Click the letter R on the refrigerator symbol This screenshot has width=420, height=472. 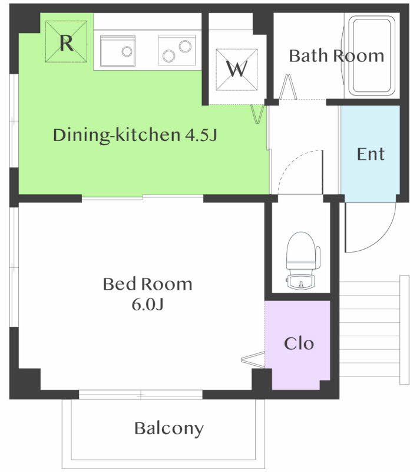point(67,43)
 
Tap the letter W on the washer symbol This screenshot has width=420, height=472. point(237,69)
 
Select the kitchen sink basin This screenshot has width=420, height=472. point(118,51)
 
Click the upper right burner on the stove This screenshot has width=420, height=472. point(185,47)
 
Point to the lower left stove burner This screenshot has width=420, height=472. point(168,55)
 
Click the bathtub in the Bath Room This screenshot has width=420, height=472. point(372,55)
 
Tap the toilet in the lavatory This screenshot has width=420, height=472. point(302,261)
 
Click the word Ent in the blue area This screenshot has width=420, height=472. point(371,154)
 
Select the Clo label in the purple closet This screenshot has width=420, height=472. point(299,343)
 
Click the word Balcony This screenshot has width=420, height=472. point(169,428)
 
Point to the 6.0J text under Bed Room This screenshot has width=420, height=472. point(148,304)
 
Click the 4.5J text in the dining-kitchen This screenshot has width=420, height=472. point(201,135)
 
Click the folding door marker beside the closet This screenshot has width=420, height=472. point(253,359)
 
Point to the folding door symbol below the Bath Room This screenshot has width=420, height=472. point(288,87)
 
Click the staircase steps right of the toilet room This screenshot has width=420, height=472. point(374,330)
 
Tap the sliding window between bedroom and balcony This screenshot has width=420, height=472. point(141,394)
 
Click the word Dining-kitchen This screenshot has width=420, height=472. point(117,135)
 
